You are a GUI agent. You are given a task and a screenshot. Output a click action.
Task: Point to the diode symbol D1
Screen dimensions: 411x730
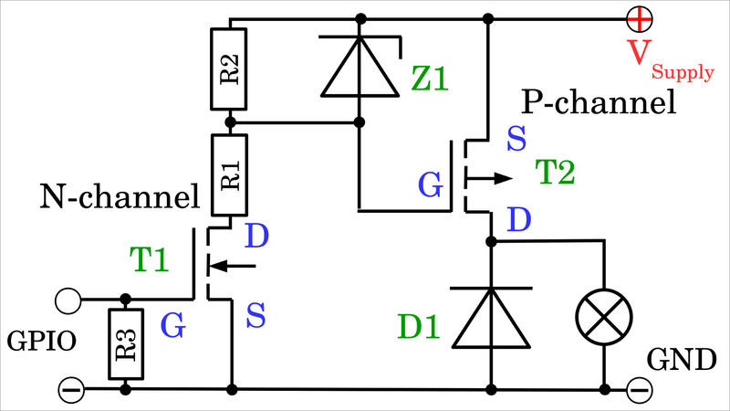491,317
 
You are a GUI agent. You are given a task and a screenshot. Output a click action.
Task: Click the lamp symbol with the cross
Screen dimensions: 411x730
603,316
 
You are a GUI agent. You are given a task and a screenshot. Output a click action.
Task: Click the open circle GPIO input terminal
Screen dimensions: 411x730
68,299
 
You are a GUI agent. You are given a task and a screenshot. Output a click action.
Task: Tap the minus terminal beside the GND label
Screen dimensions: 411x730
640,390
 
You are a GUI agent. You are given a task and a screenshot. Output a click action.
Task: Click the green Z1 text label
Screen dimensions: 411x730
430,79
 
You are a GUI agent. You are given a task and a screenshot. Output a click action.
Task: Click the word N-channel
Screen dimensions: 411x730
119,195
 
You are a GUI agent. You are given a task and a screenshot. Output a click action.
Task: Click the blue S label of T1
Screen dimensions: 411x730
256,318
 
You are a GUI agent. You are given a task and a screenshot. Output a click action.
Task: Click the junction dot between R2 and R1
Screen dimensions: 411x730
230,121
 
